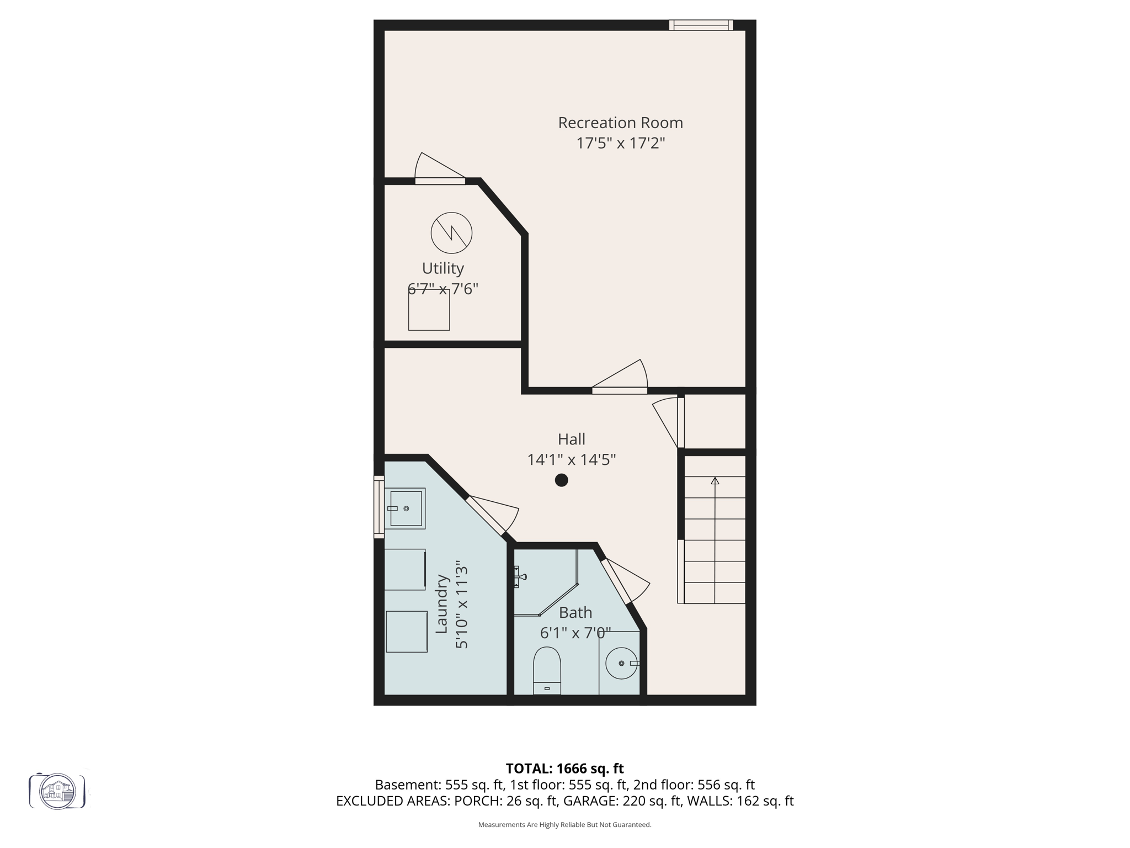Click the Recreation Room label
(x=620, y=123)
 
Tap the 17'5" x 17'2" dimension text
(x=620, y=144)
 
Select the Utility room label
(x=443, y=268)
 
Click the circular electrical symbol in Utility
(x=451, y=233)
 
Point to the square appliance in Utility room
(x=429, y=310)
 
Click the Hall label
(x=571, y=439)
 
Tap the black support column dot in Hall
(x=561, y=480)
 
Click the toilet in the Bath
(x=547, y=670)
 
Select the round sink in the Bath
(x=621, y=662)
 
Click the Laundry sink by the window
(x=406, y=508)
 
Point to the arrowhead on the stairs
(x=715, y=481)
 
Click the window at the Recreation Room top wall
(x=701, y=25)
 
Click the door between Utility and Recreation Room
(x=440, y=181)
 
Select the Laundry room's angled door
(x=486, y=516)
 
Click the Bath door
(x=616, y=581)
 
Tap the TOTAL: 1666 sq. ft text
(x=564, y=768)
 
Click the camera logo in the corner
(x=57, y=791)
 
